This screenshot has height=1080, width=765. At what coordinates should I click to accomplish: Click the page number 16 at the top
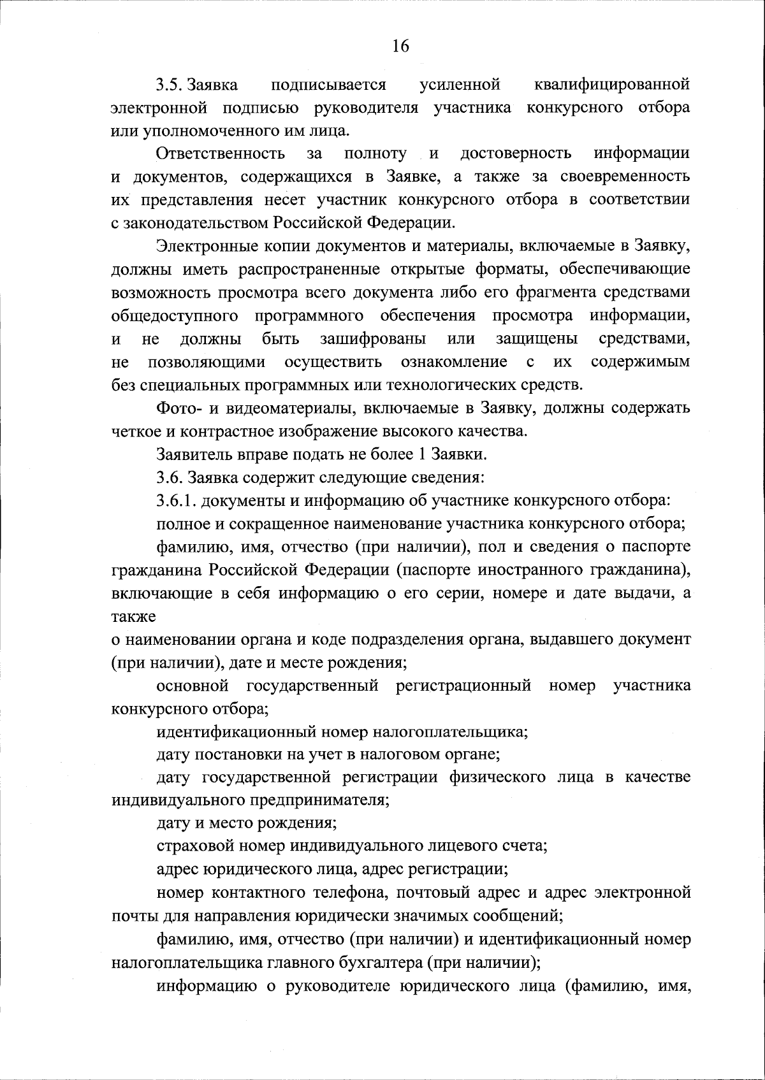[400, 46]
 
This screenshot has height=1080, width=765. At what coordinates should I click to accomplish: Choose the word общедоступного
[175, 315]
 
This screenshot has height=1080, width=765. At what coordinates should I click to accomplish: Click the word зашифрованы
[373, 338]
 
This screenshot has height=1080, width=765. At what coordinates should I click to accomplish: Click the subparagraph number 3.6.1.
[176, 500]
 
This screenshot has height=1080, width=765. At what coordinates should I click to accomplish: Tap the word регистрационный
[463, 686]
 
